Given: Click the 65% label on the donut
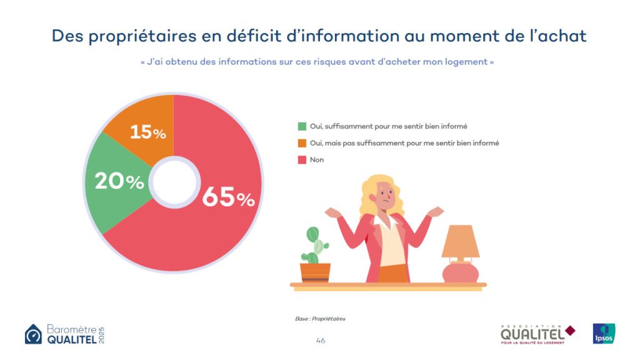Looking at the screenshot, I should (228, 197).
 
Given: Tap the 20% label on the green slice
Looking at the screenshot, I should (119, 181).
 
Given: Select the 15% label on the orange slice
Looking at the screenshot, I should (147, 132).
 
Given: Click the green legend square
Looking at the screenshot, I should (302, 126).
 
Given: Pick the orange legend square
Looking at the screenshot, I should (302, 143).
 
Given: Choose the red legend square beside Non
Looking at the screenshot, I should (302, 160).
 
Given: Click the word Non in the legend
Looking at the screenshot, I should (317, 160).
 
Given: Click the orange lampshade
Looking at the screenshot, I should (460, 242).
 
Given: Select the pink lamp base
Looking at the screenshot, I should (460, 272).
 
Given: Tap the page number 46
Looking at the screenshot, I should (321, 341).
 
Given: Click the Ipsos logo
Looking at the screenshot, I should (604, 333).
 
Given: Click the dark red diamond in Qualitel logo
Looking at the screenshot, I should (570, 331).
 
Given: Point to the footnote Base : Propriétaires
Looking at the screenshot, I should (320, 319).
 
